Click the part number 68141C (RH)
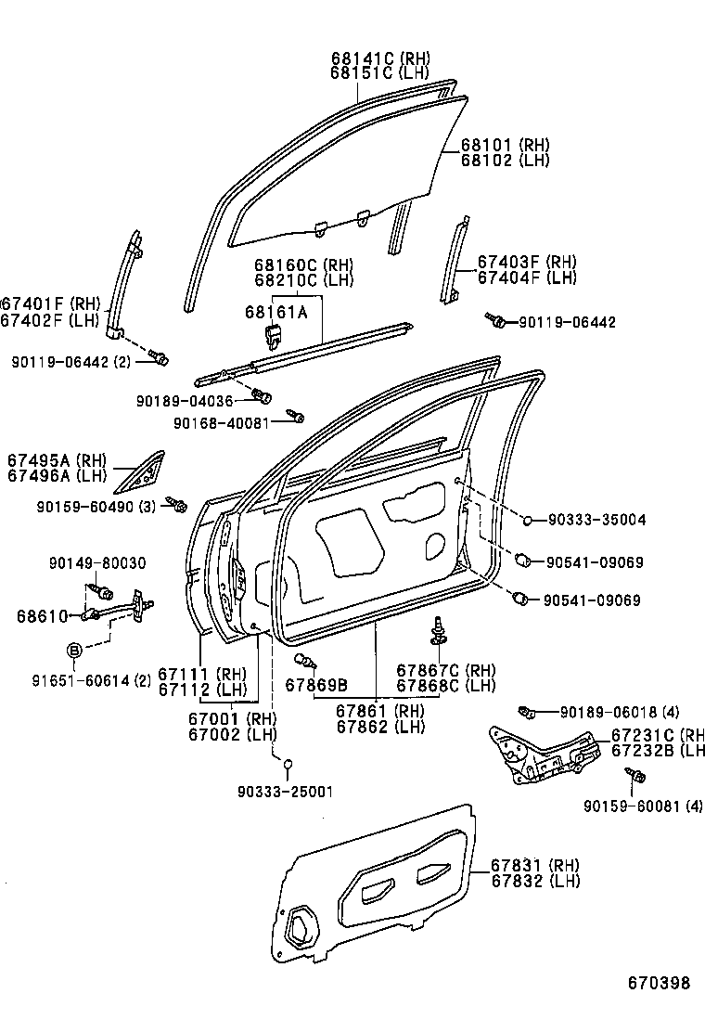pos(380,58)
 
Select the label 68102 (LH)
pos(505,161)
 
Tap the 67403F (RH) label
pos(527,263)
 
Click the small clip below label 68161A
pos(275,335)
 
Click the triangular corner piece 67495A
pos(141,471)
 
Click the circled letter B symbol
pos(74,648)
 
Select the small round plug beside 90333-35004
pos(527,521)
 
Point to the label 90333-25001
pos(285,791)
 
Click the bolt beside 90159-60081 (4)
pos(635,775)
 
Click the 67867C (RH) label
pos(445,670)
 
